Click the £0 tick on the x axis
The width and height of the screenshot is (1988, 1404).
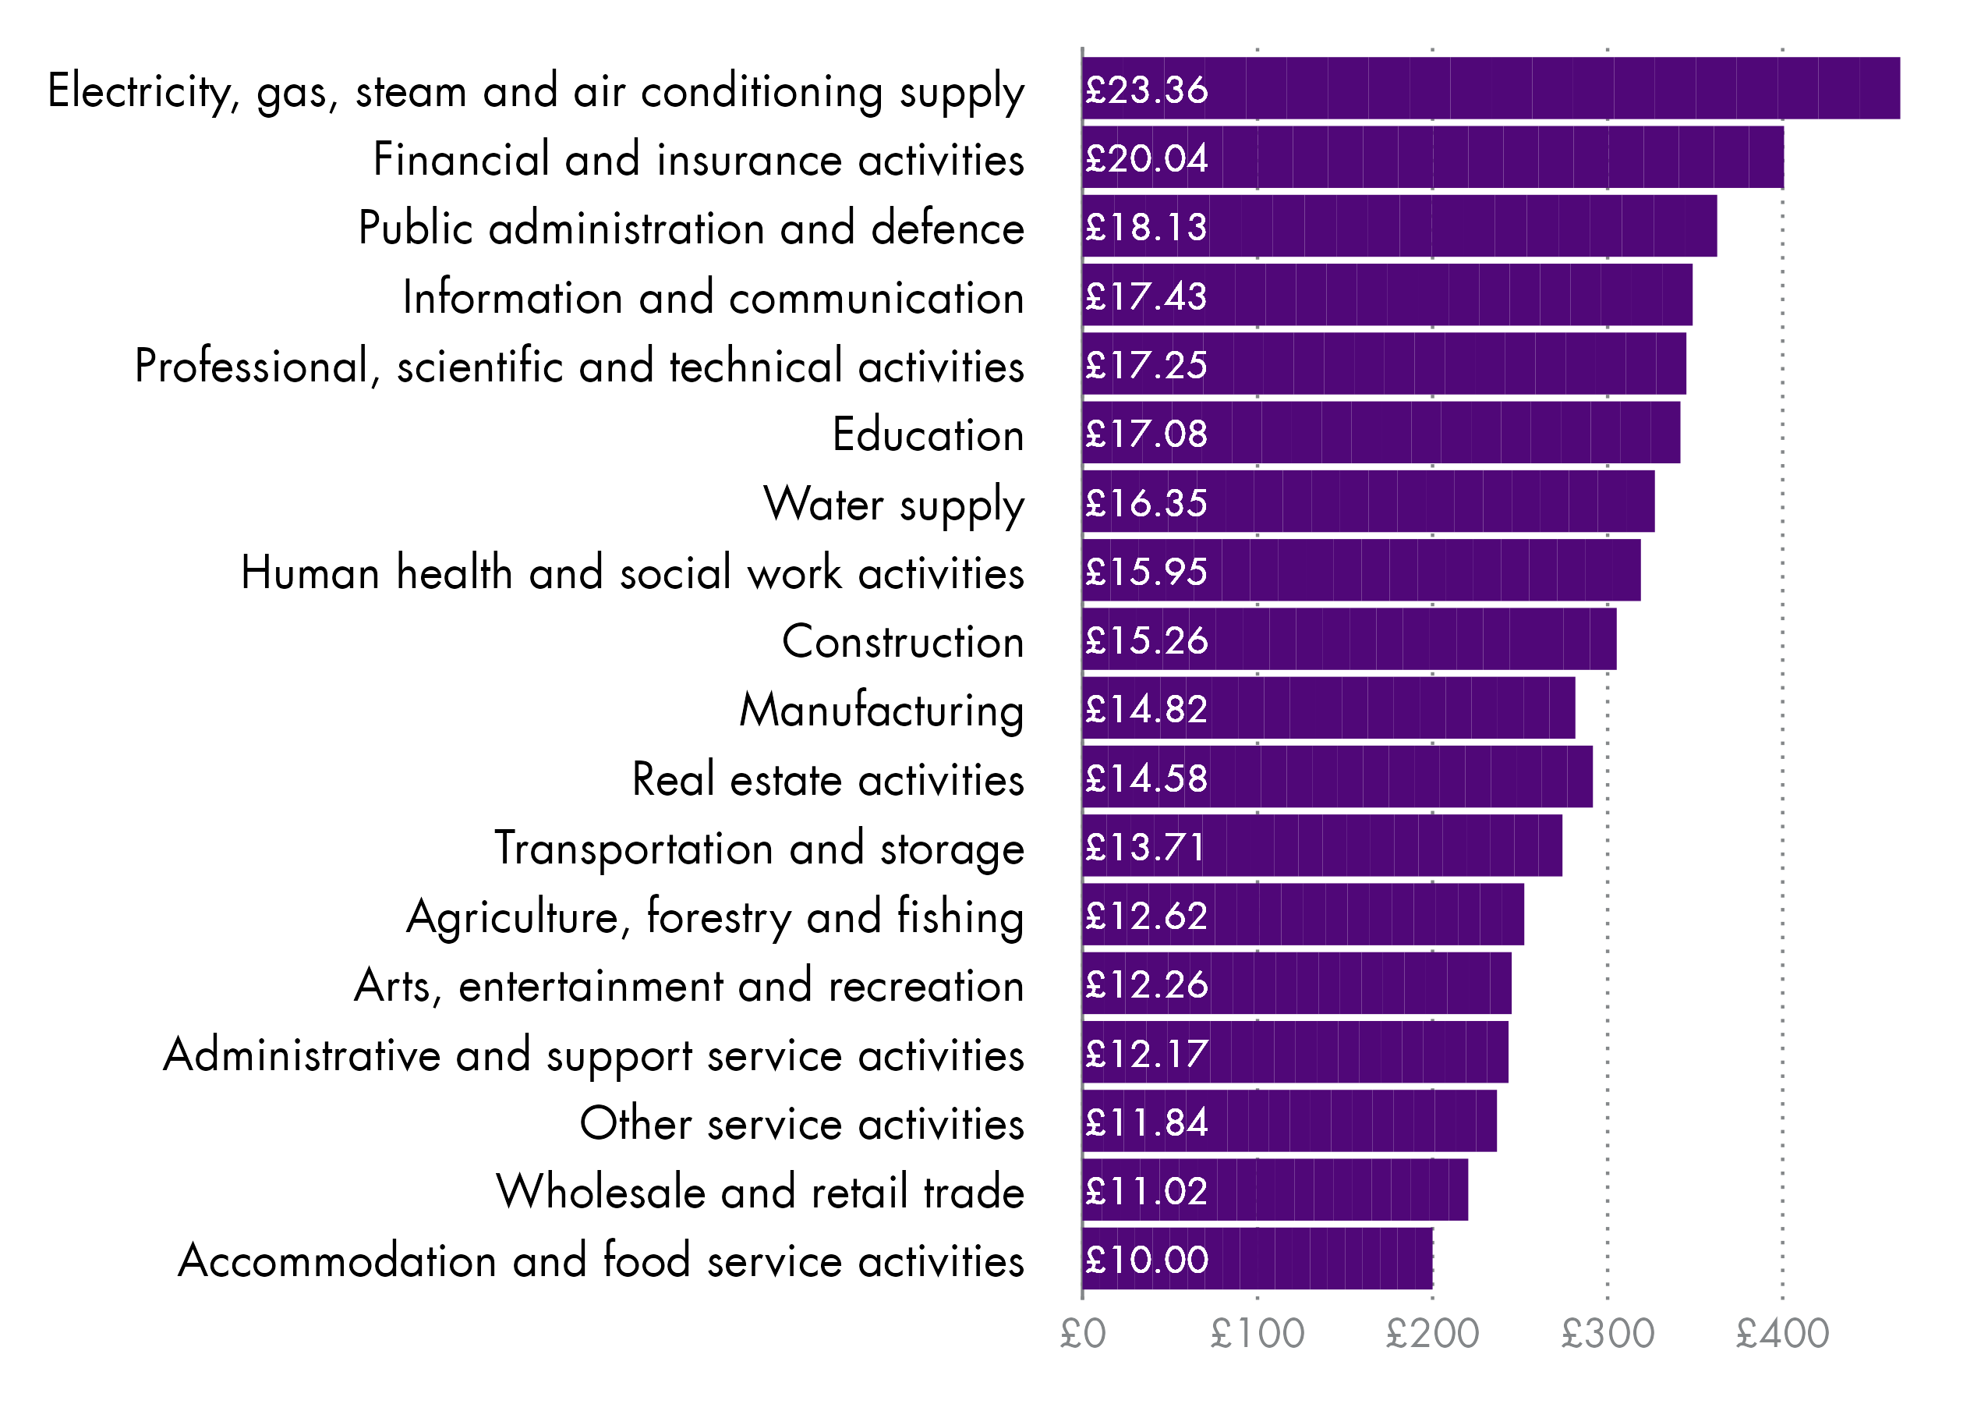(1083, 1334)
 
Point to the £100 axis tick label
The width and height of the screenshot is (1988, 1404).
(1258, 1334)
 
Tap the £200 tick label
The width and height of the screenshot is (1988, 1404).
(1432, 1334)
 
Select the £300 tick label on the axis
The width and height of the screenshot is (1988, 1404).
(1608, 1334)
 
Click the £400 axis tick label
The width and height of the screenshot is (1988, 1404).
(1783, 1334)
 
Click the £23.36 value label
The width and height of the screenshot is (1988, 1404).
(1146, 90)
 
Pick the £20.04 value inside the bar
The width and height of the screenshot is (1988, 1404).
(1146, 158)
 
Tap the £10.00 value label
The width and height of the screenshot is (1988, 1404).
(1146, 1260)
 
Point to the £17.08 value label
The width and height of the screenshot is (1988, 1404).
(1146, 434)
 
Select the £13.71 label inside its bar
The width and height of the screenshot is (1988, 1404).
(1144, 847)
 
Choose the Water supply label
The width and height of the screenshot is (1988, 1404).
(893, 505)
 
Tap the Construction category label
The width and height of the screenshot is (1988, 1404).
(902, 642)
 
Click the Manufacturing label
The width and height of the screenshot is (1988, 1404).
(881, 711)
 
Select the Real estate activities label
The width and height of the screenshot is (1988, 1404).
(828, 779)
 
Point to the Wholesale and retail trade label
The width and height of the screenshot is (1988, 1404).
(759, 1192)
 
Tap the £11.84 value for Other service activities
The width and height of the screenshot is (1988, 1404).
(1146, 1122)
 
